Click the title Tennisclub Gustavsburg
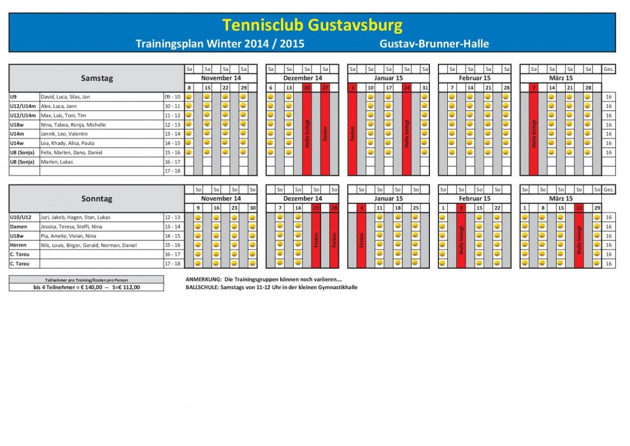[312, 25]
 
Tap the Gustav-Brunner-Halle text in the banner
[434, 44]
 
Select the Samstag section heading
[97, 78]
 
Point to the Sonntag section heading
[97, 198]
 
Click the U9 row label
[13, 96]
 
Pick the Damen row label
[17, 227]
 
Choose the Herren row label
[17, 245]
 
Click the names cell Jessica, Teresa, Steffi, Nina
[71, 227]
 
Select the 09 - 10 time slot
[173, 96]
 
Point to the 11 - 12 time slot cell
[173, 115]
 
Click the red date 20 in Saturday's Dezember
[307, 87]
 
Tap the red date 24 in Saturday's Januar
[406, 87]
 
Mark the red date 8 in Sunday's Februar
[461, 208]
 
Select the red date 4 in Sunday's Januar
[361, 208]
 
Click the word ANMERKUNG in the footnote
[203, 279]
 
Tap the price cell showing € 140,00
[87, 287]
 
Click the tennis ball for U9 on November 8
[189, 96]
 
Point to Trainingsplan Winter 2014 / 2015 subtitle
[220, 44]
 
